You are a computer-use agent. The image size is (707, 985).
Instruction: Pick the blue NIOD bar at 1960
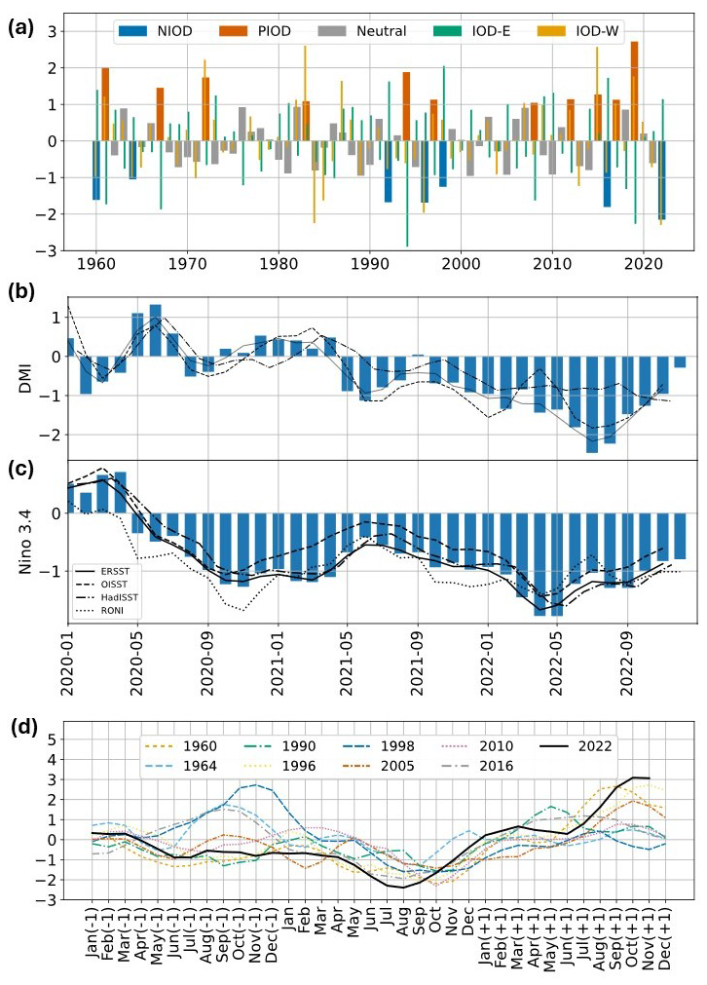click(96, 170)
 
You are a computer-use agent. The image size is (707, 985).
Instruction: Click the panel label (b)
click(23, 291)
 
